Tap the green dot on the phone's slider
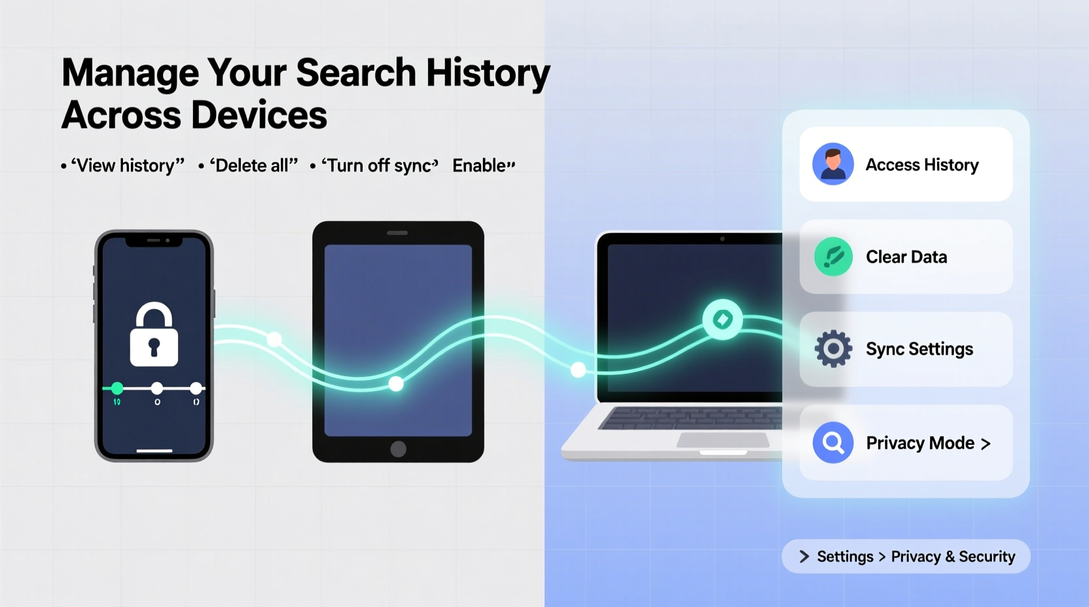[117, 389]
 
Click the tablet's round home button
[398, 449]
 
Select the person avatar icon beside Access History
[832, 164]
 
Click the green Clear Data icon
[833, 256]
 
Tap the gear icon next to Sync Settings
[833, 349]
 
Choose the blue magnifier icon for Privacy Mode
[833, 443]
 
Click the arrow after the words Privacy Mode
[986, 444]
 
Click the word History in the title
[488, 73]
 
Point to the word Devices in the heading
[259, 116]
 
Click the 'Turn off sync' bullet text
[379, 165]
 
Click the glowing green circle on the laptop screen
[722, 320]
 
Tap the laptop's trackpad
[722, 440]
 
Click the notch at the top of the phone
[154, 241]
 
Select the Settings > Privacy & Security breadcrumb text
[916, 557]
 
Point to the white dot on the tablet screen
[396, 384]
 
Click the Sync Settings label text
[919, 349]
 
